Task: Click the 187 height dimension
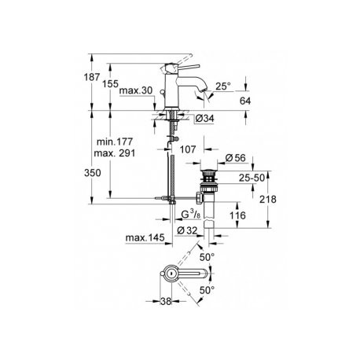[92, 77]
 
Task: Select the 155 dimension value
[110, 84]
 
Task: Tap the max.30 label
[136, 90]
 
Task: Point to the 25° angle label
[223, 86]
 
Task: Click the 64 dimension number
[245, 101]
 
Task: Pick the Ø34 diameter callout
[204, 119]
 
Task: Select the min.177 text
[115, 141]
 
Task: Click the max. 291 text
[115, 153]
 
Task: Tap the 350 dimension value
[93, 173]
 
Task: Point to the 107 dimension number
[188, 149]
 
